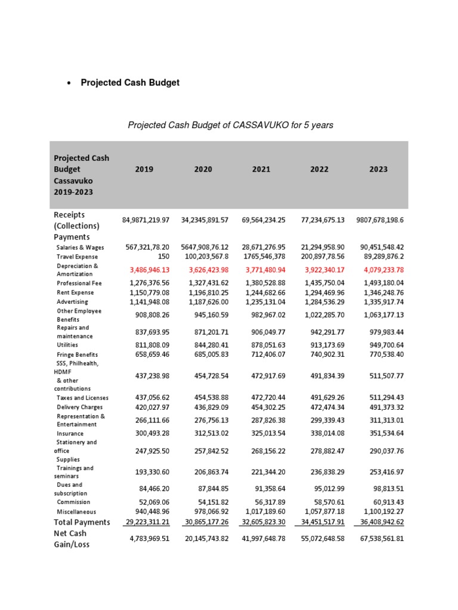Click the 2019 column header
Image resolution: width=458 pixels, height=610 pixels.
[144, 169]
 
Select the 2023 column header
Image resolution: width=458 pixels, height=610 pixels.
[378, 169]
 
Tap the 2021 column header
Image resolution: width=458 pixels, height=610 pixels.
[261, 169]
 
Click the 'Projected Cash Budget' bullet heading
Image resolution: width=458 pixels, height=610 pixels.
[130, 83]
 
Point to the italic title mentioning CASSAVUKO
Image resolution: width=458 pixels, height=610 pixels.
[230, 125]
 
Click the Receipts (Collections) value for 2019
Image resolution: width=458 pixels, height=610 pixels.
[146, 220]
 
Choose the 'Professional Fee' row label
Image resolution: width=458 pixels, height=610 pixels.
[79, 283]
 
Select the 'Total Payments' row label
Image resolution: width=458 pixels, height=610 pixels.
[82, 522]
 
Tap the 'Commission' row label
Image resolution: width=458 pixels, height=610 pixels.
[73, 502]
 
